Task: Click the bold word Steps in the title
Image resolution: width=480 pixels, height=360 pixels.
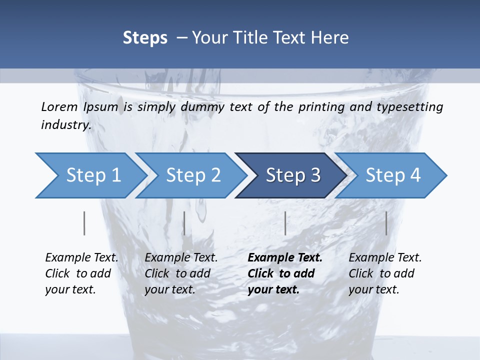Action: (145, 37)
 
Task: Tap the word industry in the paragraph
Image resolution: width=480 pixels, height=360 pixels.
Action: (66, 125)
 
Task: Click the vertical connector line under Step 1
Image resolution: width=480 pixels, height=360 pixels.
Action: (84, 223)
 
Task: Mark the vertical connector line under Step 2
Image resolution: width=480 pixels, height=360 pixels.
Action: (184, 223)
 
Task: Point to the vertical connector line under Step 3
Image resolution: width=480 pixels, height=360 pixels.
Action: (285, 223)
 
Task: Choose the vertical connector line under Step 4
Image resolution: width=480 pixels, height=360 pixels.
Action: (386, 223)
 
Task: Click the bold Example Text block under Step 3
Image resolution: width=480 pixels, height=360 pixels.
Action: (285, 273)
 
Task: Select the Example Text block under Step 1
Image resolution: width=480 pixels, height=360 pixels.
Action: (81, 273)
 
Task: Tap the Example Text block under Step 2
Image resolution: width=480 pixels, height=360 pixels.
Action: (181, 273)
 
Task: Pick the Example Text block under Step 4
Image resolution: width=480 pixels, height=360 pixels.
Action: (385, 273)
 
